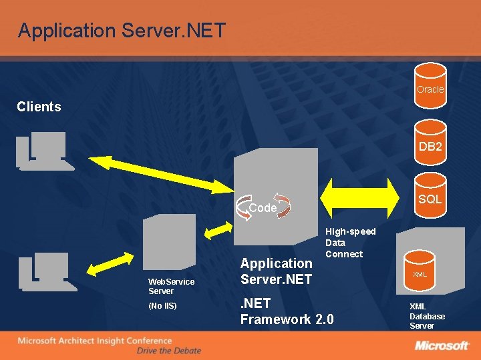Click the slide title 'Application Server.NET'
tap(122, 31)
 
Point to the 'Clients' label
tap(39, 107)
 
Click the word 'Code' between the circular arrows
tap(263, 208)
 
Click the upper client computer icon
tap(43, 150)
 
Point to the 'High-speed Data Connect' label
tap(345, 243)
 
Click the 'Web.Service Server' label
tap(171, 286)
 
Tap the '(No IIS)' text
tap(162, 306)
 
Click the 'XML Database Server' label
tap(427, 316)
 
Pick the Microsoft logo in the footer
tap(442, 345)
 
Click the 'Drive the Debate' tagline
tap(168, 351)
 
